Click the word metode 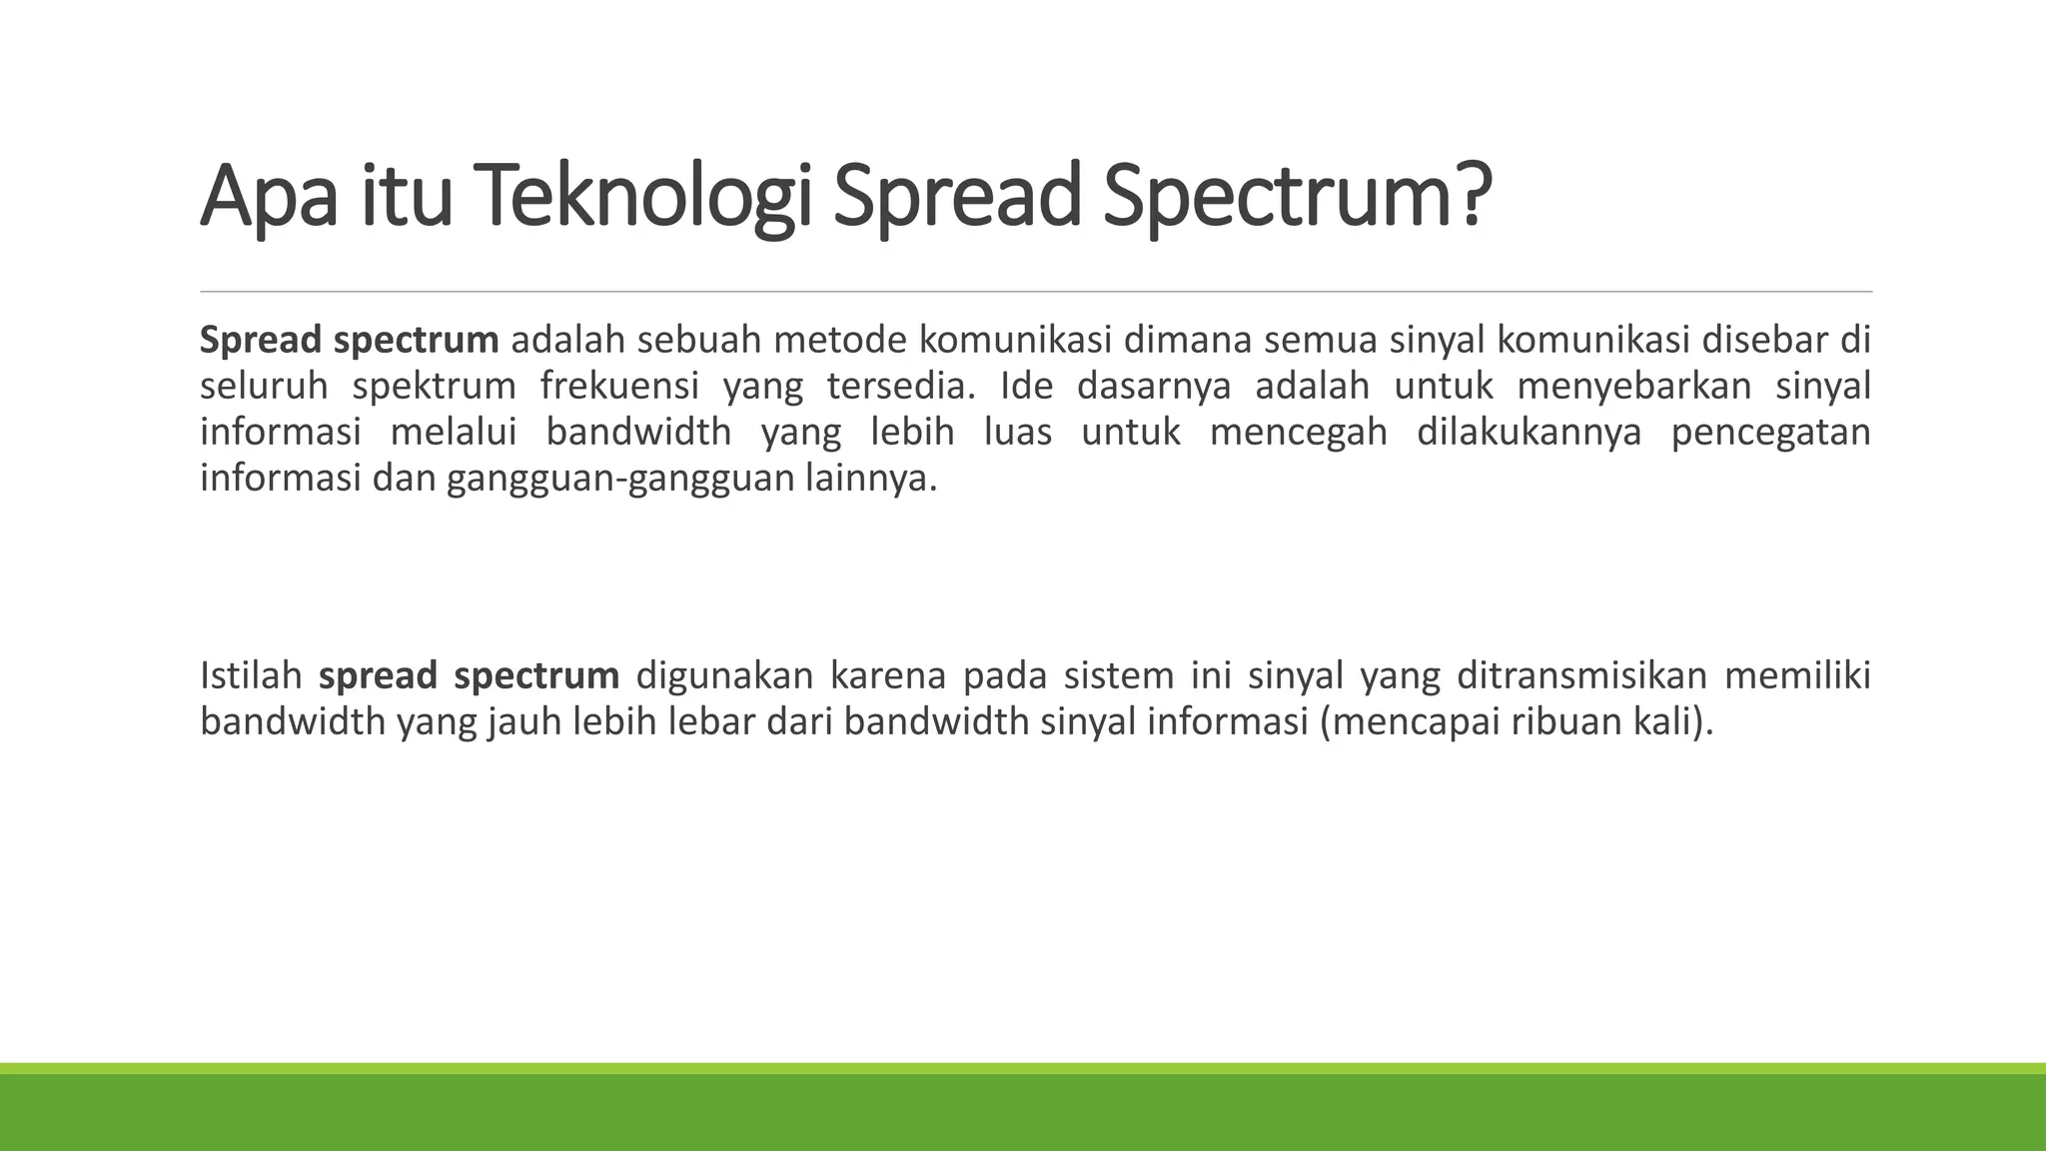pyautogui.click(x=839, y=340)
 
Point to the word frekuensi pyautogui.click(x=619, y=386)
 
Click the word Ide pyautogui.click(x=1027, y=386)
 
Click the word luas pyautogui.click(x=1018, y=432)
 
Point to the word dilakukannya pyautogui.click(x=1530, y=432)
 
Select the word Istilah pyautogui.click(x=251, y=675)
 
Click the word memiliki pyautogui.click(x=1797, y=675)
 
